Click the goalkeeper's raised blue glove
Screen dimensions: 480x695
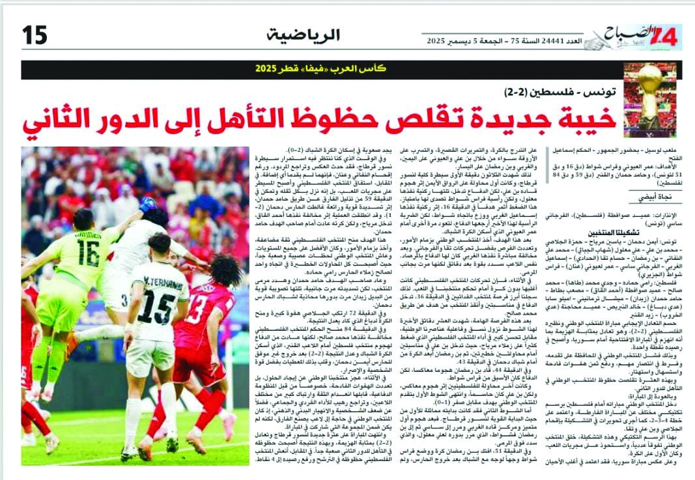coord(147,205)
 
